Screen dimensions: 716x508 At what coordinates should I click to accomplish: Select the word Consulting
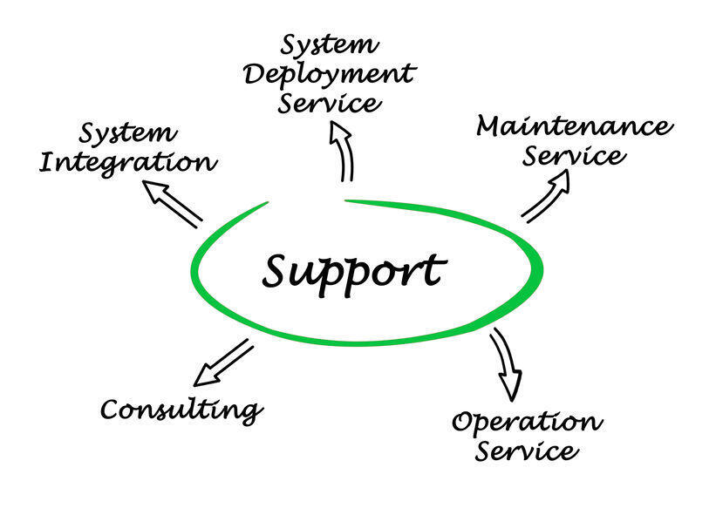pos(181,409)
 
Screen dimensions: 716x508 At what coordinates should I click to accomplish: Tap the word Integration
pos(128,162)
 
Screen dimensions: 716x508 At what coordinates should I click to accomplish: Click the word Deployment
pos(330,75)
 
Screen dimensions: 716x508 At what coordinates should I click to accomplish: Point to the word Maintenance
pos(575,126)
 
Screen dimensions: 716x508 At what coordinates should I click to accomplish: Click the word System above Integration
pos(128,133)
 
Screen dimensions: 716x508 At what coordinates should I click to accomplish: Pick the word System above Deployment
pos(330,44)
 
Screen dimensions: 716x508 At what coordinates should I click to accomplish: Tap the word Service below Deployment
pos(330,103)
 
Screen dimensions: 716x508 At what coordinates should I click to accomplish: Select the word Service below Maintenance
pos(574,156)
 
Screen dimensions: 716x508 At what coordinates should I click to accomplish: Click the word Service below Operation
pos(527,450)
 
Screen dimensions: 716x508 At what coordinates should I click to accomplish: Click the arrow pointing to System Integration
pos(172,204)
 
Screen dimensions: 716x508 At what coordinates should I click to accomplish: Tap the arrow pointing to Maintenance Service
pos(546,196)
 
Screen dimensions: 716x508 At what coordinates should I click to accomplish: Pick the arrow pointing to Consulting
pos(223,362)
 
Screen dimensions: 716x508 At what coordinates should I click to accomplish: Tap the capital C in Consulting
pos(111,409)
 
